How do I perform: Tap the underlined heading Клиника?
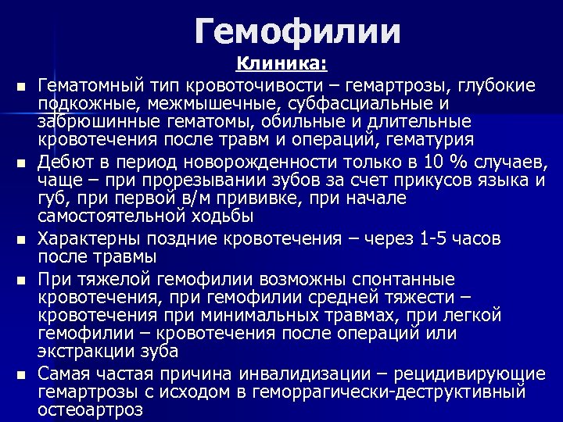tap(282, 63)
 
